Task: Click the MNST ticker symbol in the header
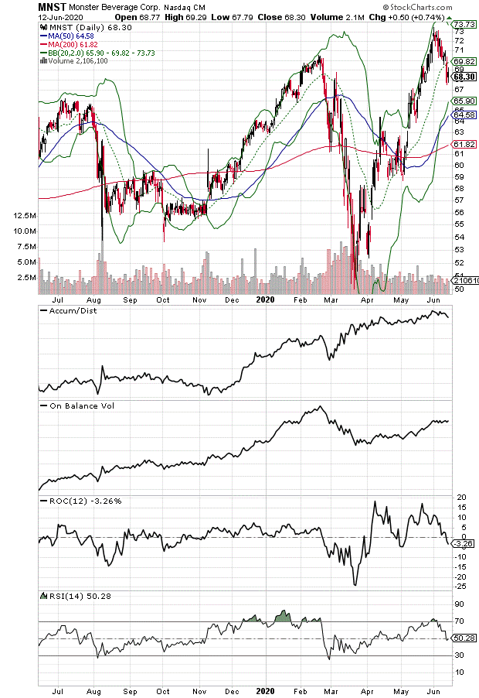click(52, 6)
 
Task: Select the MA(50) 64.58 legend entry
click(70, 36)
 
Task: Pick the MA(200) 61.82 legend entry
click(73, 44)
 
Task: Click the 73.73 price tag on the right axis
click(464, 25)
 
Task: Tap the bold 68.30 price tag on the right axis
click(464, 77)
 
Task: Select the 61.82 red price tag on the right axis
click(464, 144)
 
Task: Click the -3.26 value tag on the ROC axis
click(464, 544)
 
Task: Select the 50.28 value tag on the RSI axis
click(464, 638)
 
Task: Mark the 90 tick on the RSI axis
click(459, 604)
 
